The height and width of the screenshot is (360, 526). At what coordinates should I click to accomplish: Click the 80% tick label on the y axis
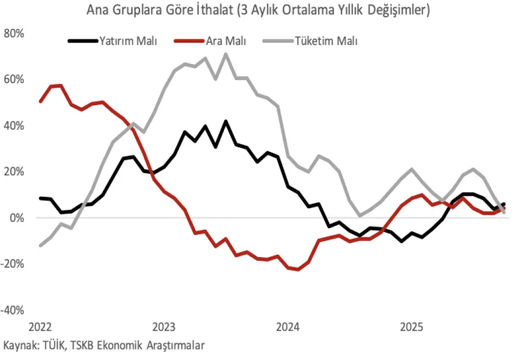(14, 33)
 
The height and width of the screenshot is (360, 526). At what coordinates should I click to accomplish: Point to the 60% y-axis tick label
(14, 79)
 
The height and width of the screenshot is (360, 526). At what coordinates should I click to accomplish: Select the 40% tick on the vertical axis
(14, 125)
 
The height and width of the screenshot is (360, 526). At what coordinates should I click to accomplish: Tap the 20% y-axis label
(14, 172)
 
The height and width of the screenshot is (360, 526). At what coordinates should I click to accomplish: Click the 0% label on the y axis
(16, 218)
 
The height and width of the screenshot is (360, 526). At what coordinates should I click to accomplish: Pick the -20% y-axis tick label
(13, 264)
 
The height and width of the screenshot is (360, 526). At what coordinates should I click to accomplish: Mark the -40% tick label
(13, 310)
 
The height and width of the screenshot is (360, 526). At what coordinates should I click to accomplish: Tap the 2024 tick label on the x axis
(288, 328)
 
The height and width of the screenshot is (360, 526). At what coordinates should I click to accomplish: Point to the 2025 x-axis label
(411, 328)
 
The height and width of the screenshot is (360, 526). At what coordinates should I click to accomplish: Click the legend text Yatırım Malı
(128, 41)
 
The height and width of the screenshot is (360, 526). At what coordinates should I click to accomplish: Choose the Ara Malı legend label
(226, 41)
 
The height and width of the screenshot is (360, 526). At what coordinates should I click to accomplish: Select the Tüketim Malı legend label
(326, 41)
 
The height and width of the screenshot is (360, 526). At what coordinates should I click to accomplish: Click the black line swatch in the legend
(82, 41)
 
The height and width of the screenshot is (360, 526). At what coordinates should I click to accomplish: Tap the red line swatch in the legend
(189, 41)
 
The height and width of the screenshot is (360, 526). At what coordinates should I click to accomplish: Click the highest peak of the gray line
(225, 54)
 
